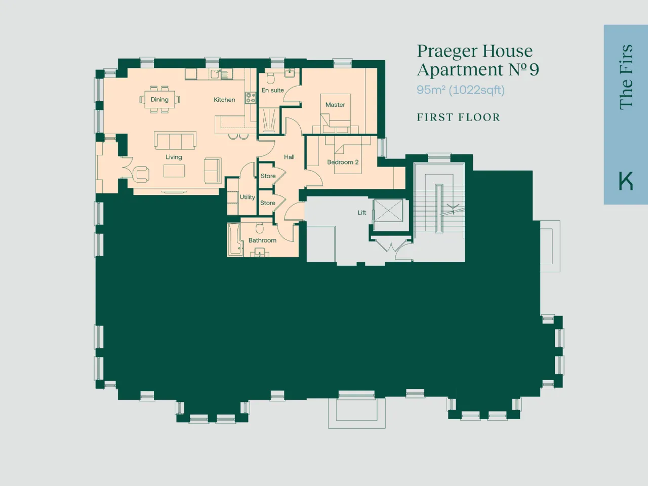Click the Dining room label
(x=159, y=99)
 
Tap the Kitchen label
(x=224, y=100)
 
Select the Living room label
(x=174, y=157)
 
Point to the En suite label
(x=273, y=90)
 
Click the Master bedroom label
(x=335, y=105)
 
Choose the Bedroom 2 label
(x=343, y=162)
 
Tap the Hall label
(x=289, y=157)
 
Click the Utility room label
(x=248, y=197)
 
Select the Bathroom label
(x=262, y=240)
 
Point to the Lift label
(x=361, y=213)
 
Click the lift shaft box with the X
(x=388, y=211)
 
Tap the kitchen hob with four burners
(x=251, y=98)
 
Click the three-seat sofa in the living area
(x=175, y=140)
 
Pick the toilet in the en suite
(x=271, y=78)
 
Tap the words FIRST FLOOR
(x=459, y=117)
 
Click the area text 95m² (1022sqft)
(x=461, y=90)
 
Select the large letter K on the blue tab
(x=626, y=181)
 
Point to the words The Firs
(x=626, y=77)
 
